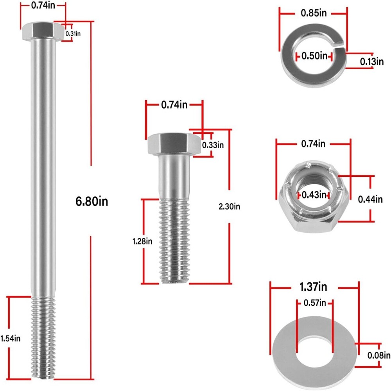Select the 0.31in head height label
point(73,34)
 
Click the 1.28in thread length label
point(143,241)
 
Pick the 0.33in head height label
point(213,145)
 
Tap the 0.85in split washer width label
point(314,13)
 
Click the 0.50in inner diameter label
point(314,56)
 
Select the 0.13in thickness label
point(372,61)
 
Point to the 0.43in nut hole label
point(314,194)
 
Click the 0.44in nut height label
point(370,199)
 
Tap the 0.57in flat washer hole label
point(314,302)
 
